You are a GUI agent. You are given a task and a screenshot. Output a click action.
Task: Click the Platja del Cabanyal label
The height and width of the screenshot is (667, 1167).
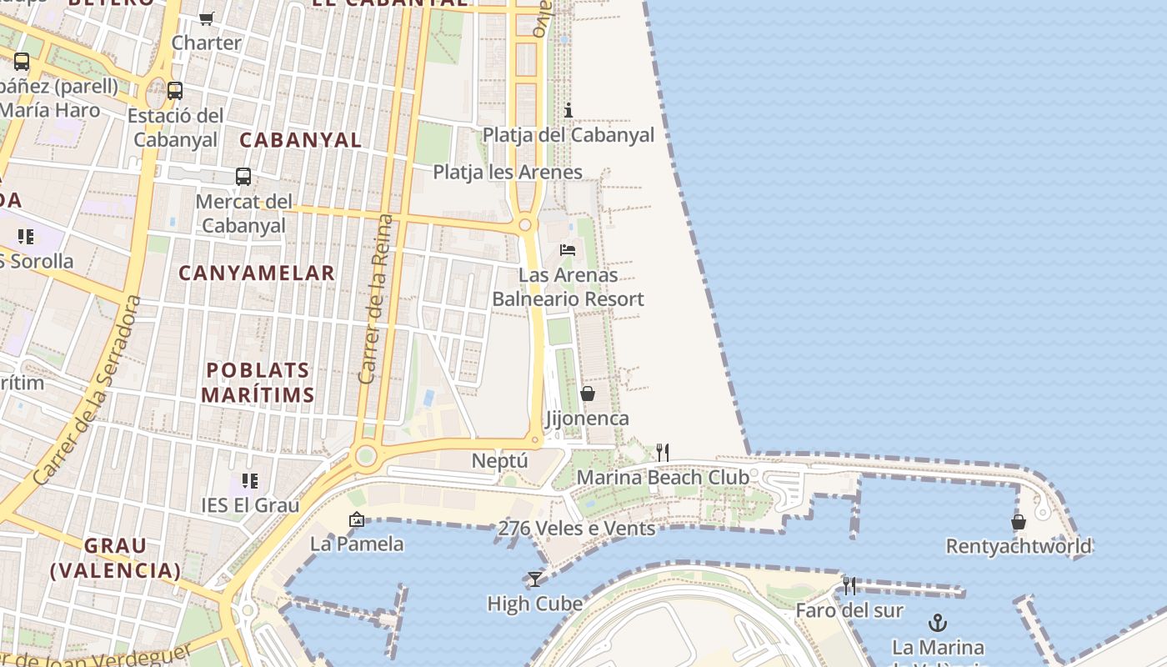click(x=568, y=135)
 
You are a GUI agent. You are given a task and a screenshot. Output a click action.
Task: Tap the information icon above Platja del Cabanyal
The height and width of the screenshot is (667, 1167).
click(x=568, y=110)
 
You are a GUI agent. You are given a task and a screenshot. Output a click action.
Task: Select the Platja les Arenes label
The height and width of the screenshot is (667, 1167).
click(x=507, y=173)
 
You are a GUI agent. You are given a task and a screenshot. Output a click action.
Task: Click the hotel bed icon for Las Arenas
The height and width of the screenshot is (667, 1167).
click(x=568, y=249)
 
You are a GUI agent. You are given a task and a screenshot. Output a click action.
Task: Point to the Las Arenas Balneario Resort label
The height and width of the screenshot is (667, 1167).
click(x=568, y=287)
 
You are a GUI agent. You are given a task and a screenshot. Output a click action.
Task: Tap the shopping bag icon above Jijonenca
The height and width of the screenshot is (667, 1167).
click(x=588, y=394)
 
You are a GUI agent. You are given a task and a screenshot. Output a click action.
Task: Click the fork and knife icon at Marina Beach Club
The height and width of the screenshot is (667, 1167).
click(x=663, y=453)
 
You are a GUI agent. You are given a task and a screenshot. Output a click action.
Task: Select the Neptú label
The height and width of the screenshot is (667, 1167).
click(x=500, y=461)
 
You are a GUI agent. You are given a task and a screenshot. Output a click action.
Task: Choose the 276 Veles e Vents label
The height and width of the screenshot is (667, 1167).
click(x=576, y=529)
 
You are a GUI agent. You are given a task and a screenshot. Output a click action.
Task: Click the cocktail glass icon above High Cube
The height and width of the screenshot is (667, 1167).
click(x=534, y=579)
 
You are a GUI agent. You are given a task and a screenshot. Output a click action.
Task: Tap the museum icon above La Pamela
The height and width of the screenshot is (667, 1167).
click(x=357, y=519)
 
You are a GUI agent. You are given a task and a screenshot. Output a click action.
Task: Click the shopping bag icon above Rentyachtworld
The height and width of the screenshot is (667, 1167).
click(x=1019, y=522)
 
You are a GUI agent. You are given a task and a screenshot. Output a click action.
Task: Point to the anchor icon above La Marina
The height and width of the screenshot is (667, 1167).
click(x=938, y=623)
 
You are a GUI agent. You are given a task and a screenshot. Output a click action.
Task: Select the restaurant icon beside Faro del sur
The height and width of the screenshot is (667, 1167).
click(x=849, y=586)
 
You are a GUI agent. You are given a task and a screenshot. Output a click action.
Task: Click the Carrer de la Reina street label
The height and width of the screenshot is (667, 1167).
click(x=374, y=299)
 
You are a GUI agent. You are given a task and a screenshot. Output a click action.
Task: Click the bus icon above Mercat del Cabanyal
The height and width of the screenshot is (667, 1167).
click(x=243, y=177)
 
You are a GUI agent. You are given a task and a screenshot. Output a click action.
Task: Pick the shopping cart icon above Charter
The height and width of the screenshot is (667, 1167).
click(x=207, y=18)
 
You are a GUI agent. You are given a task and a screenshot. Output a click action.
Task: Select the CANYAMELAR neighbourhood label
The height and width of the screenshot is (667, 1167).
click(x=257, y=273)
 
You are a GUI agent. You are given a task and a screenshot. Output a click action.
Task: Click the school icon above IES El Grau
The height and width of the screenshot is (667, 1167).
click(x=250, y=481)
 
